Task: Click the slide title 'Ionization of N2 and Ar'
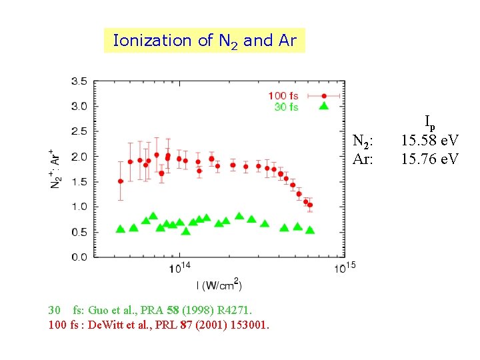205,41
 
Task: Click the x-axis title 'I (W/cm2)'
219,285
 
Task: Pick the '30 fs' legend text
286,107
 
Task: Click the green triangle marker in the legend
323,107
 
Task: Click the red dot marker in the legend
323,96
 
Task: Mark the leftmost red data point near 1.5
120,181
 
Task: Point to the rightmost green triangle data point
309,230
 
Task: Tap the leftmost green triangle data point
120,229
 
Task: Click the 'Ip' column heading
429,122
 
